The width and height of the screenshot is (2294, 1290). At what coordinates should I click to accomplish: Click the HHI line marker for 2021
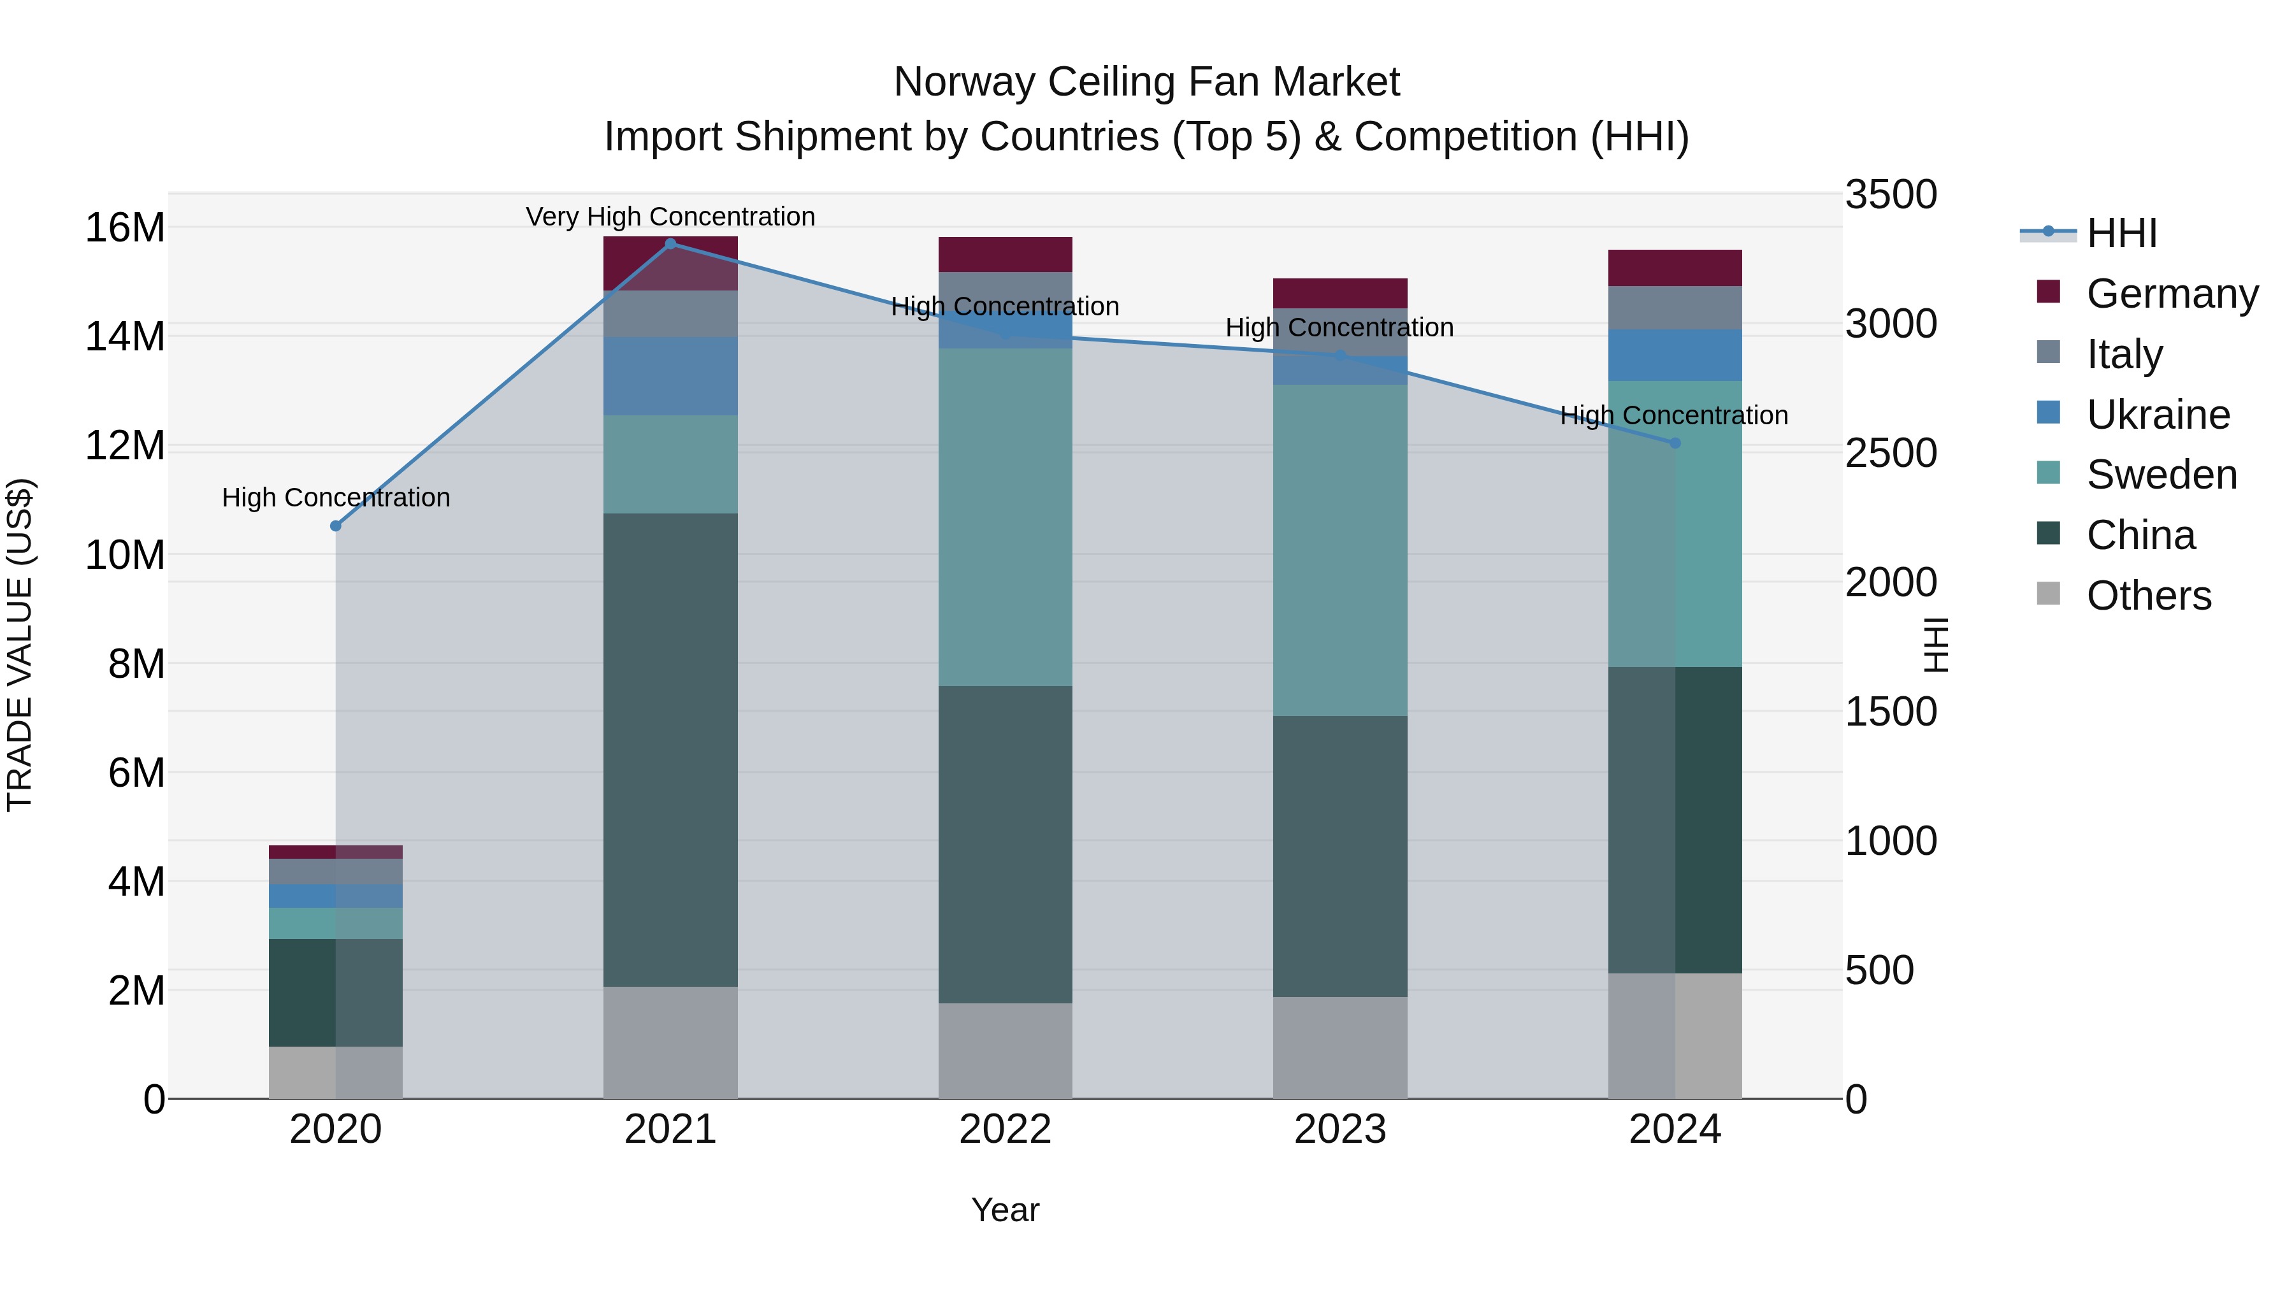(x=670, y=243)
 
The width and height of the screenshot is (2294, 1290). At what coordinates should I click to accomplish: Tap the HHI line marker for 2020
(x=336, y=526)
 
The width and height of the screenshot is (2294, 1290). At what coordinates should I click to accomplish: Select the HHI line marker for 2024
(x=1675, y=443)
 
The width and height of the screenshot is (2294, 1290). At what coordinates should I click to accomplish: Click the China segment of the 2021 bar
(x=670, y=750)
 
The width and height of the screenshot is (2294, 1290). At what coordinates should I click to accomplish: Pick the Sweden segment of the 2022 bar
(x=1006, y=517)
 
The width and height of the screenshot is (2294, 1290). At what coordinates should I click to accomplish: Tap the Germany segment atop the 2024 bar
(x=1675, y=268)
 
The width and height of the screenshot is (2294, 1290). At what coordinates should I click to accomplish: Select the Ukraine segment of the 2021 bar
(x=670, y=376)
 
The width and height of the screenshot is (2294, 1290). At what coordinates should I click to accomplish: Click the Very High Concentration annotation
(x=670, y=217)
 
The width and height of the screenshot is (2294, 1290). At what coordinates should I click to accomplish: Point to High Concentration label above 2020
(x=336, y=497)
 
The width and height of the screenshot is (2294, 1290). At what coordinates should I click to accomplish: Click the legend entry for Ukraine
(x=2157, y=415)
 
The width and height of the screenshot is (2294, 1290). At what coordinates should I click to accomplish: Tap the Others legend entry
(x=2148, y=596)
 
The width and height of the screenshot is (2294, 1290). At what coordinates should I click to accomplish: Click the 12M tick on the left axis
(x=125, y=446)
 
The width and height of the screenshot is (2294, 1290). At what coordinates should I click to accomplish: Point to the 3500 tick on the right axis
(x=1890, y=195)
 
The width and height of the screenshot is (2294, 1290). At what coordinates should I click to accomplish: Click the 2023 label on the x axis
(x=1340, y=1129)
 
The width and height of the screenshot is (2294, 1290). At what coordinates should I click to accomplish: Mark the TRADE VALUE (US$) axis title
(x=20, y=645)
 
